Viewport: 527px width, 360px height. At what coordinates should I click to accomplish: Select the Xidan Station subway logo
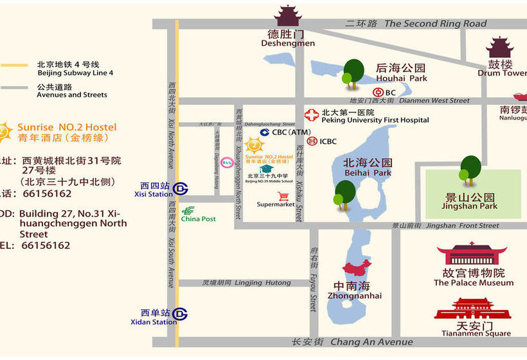click(182, 314)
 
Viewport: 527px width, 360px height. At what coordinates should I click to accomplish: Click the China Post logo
click(188, 210)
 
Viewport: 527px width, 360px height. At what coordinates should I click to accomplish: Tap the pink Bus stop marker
click(226, 162)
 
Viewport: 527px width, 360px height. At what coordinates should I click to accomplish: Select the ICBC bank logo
click(312, 141)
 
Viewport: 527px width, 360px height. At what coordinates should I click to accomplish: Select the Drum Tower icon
click(499, 48)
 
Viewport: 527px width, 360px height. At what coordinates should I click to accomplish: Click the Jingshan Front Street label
click(462, 226)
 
